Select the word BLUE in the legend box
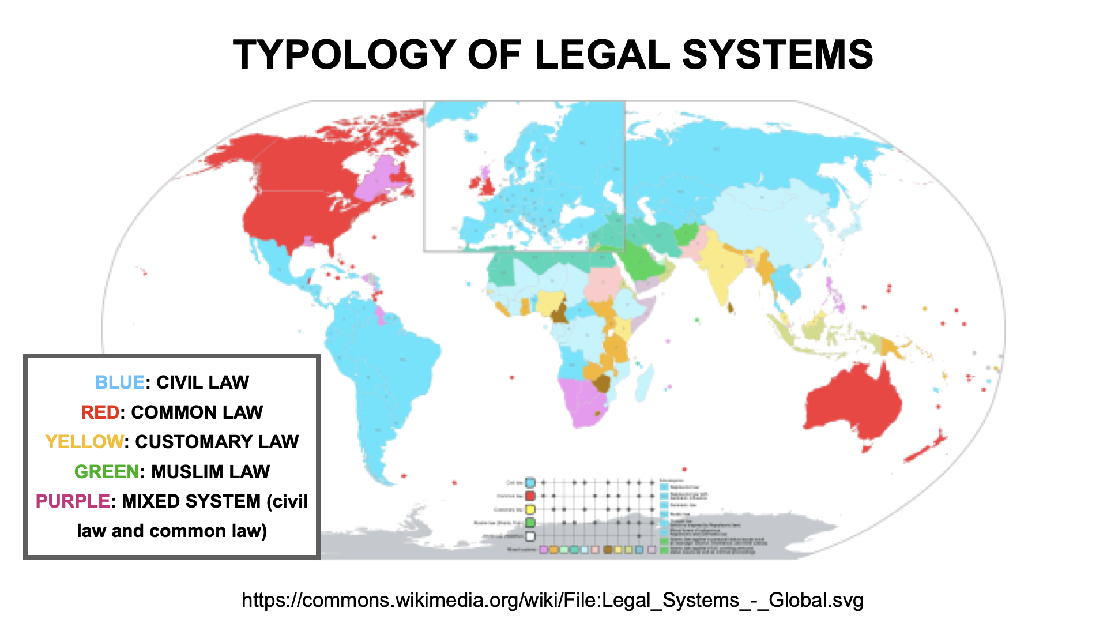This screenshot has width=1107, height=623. point(119,382)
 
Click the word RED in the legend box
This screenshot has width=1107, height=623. point(100,412)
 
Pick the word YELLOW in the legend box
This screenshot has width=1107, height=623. point(84,442)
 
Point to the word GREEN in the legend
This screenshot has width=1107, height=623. point(107,472)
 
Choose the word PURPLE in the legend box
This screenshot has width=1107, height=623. point(73,501)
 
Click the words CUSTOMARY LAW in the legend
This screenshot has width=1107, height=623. point(217,442)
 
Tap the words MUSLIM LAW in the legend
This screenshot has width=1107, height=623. point(210,472)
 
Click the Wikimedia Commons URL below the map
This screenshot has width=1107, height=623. point(552,601)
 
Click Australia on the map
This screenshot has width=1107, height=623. point(853,404)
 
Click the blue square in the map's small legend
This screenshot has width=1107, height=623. point(530,483)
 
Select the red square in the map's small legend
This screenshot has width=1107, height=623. point(530,496)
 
